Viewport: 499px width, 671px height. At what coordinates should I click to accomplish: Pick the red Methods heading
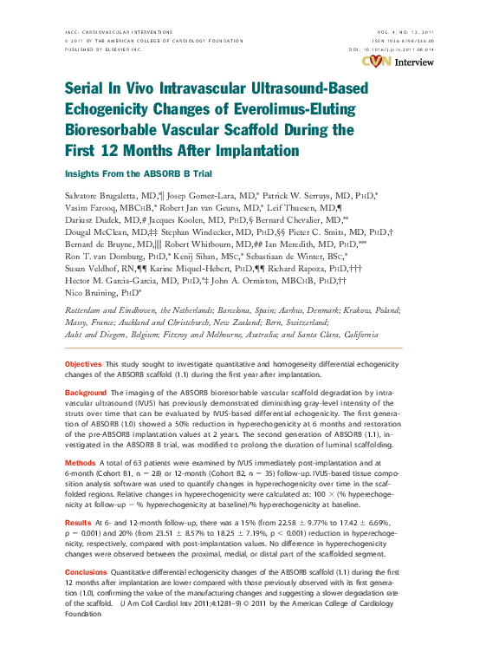81,464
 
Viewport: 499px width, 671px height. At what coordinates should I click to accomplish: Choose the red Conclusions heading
87,572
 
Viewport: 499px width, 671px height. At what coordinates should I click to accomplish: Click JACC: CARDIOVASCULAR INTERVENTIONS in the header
120,30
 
